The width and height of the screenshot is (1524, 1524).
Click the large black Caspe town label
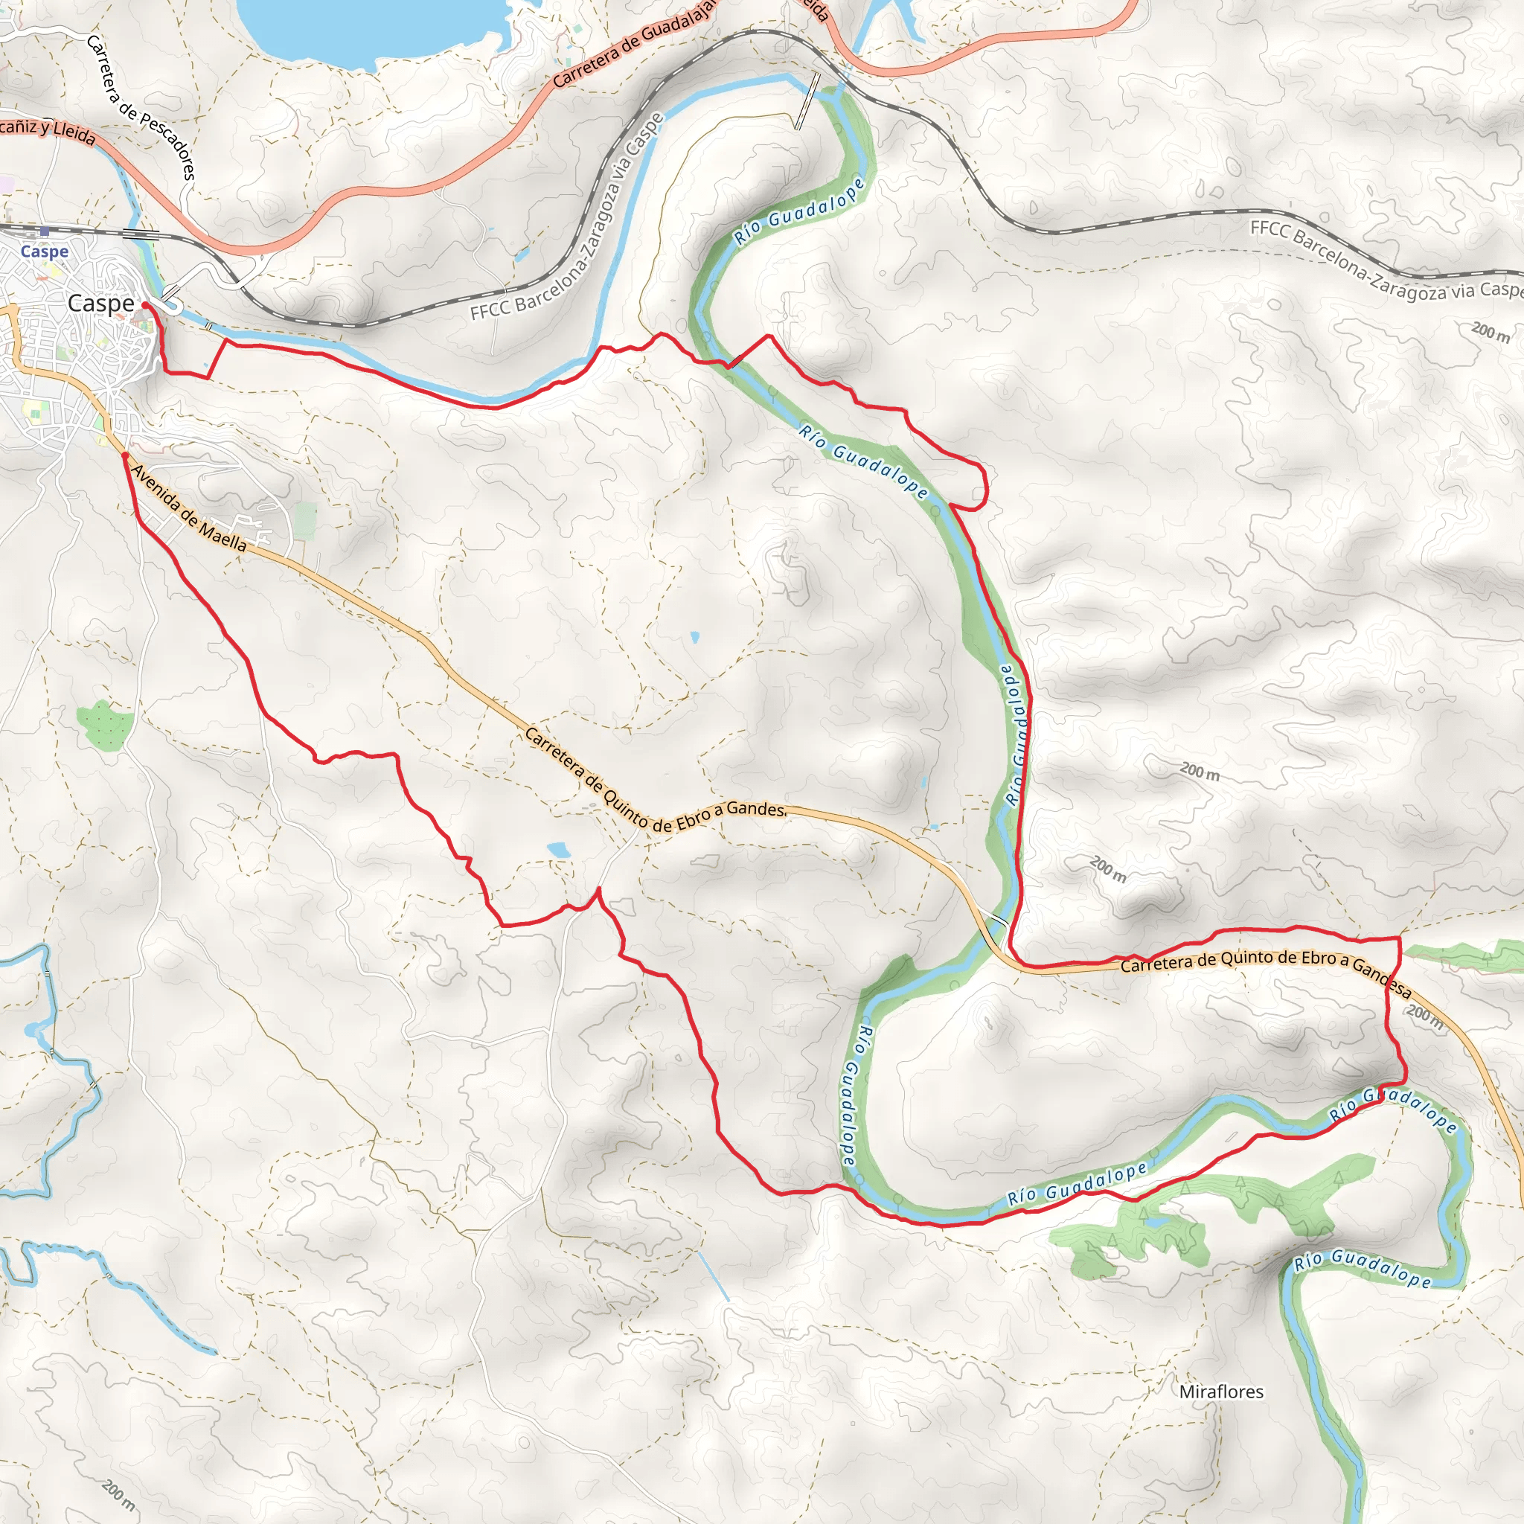pos(101,303)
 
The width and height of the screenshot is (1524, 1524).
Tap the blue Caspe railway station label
pos(44,251)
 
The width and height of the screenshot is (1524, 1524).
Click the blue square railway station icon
pos(44,232)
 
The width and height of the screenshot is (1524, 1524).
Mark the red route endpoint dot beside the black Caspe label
pos(145,304)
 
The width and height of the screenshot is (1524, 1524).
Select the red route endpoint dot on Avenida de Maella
pos(124,455)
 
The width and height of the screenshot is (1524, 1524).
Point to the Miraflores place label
pos(1221,1392)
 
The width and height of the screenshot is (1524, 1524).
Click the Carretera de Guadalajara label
pos(635,43)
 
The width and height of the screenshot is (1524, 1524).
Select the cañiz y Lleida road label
pos(48,132)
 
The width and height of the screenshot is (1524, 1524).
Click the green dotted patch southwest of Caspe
pos(106,723)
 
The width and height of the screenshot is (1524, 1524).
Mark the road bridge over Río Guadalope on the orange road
pos(999,921)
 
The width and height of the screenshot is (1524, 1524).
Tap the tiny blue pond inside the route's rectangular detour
pos(207,365)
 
